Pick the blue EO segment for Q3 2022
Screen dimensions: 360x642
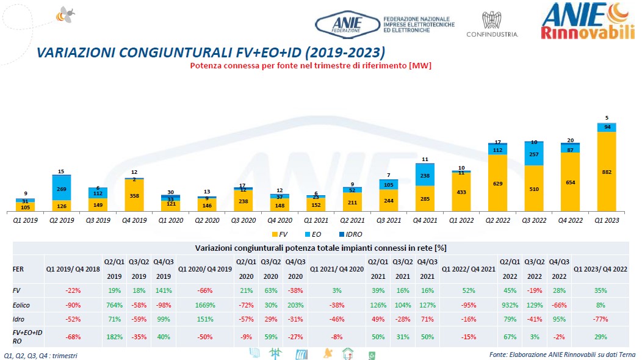535,154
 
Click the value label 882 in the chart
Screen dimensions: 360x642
606,172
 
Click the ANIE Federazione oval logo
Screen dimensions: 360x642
347,24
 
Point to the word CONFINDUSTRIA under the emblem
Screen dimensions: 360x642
492,35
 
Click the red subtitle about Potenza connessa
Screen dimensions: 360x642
311,65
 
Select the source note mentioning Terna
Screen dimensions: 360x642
561,355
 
